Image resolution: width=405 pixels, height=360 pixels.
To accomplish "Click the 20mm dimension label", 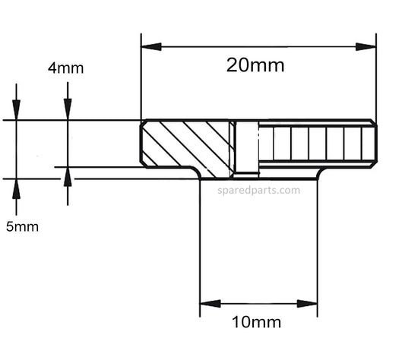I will coord(255,65).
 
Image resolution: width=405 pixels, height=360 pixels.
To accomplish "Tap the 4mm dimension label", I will coord(65,68).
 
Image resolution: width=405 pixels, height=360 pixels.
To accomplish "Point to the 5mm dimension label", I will coord(22,226).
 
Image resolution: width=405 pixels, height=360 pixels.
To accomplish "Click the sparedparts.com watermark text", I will coord(258,191).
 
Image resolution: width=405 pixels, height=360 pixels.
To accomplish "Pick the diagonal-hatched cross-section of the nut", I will coord(186,144).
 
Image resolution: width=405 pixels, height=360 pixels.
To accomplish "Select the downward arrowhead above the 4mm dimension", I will coord(68,110).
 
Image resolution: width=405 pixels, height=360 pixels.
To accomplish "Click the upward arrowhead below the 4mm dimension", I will coord(68,176).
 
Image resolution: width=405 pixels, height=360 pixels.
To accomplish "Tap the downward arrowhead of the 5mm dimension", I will coord(16,111).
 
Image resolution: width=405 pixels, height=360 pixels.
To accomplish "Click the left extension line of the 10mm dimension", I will coord(200,243).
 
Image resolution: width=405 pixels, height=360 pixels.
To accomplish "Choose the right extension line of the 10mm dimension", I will coord(318,243).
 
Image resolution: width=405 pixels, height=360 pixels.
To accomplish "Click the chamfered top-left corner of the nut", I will coord(143,123).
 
